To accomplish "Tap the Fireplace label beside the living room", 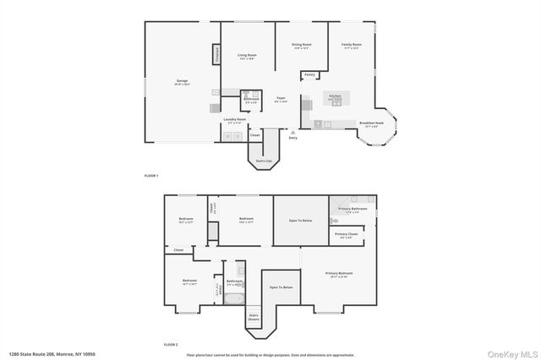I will click(x=216, y=55).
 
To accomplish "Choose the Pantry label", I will click(x=310, y=74).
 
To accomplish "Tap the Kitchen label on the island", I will click(x=335, y=96).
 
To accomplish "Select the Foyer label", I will click(x=281, y=99).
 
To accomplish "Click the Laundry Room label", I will click(x=235, y=119).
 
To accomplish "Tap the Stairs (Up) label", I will click(x=263, y=160).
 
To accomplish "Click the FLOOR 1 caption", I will click(x=151, y=175).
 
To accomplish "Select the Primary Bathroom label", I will click(x=352, y=209).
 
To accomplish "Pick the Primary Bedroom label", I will click(x=339, y=274).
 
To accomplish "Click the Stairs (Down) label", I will click(x=254, y=318).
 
